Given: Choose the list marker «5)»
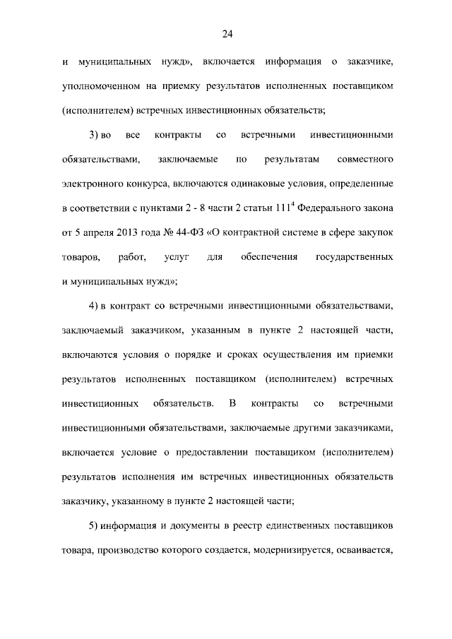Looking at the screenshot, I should [95, 527].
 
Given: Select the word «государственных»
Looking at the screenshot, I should [354, 257].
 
